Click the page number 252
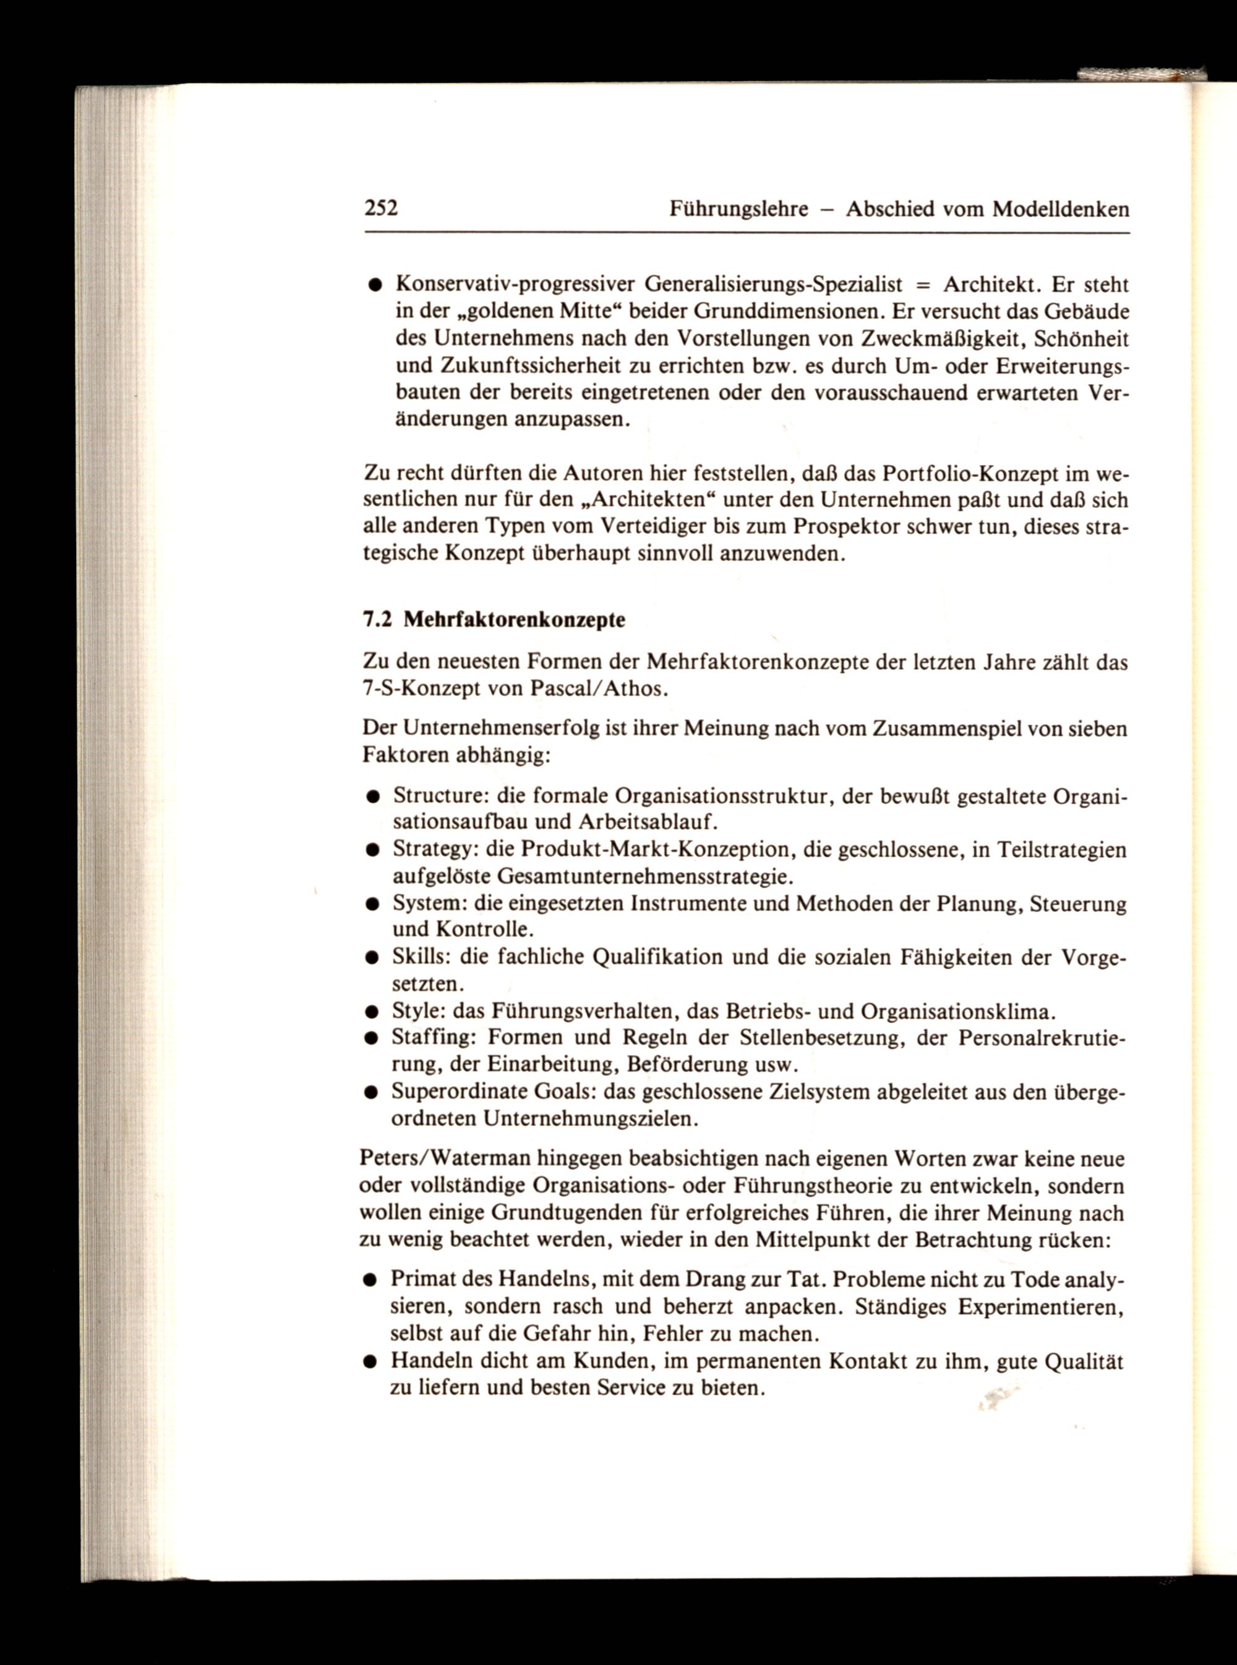click(380, 207)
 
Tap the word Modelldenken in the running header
click(1060, 209)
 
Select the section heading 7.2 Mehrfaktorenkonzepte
click(494, 620)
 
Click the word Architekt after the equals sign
click(990, 285)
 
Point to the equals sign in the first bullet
click(922, 285)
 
